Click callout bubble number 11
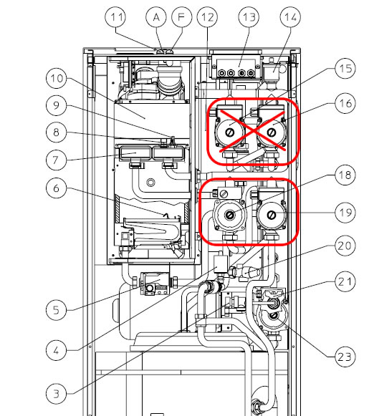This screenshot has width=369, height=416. click(116, 16)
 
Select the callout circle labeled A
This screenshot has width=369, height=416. click(156, 16)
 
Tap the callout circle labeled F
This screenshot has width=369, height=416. click(181, 16)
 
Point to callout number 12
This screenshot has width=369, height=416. click(207, 16)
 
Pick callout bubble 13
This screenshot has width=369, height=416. click(249, 16)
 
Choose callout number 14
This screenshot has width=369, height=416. click(290, 16)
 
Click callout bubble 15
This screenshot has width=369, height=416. click(345, 69)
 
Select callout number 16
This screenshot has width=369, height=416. click(345, 103)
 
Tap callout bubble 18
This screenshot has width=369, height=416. click(345, 175)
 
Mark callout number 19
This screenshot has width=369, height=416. click(345, 212)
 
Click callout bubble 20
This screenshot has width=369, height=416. click(345, 246)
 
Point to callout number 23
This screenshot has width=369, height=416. click(345, 357)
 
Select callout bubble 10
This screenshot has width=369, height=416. click(57, 78)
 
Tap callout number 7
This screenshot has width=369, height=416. click(57, 160)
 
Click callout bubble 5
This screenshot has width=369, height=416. click(57, 309)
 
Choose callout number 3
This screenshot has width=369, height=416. click(57, 394)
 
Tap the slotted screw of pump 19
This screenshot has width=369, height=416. click(271, 215)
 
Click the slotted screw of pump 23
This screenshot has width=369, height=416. click(274, 316)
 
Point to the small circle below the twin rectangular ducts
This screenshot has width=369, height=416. click(150, 183)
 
